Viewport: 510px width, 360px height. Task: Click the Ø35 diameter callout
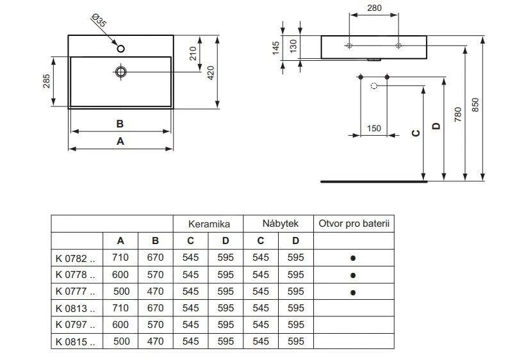pos(99,21)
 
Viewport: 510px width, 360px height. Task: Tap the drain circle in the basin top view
pos(120,72)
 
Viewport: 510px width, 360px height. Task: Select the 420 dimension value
pos(211,72)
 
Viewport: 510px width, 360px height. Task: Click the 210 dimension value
pos(192,53)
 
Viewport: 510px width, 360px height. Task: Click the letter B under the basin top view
pos(120,124)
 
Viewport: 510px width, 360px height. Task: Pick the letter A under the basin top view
pos(120,142)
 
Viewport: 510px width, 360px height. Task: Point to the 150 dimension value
pos(374,128)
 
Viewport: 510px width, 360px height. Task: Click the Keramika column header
pos(208,224)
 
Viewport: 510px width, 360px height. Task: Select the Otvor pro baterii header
pos(353,224)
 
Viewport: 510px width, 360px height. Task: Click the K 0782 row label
pos(75,258)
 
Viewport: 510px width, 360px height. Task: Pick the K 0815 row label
pos(75,341)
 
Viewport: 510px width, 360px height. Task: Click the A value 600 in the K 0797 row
pos(120,325)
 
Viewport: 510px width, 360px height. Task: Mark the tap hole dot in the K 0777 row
pos(353,292)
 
